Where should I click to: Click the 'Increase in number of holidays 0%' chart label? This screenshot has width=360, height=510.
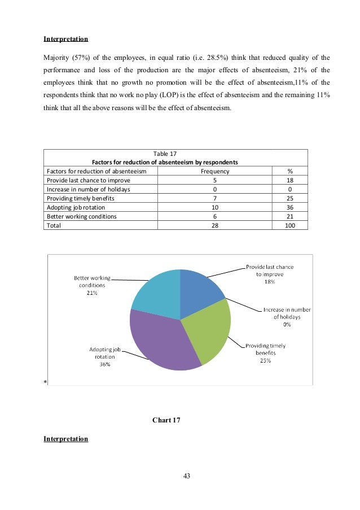point(287,317)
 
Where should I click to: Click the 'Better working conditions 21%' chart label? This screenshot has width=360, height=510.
point(91,285)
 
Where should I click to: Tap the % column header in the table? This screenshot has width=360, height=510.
point(289,171)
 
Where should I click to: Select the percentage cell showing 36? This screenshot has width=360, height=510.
point(289,207)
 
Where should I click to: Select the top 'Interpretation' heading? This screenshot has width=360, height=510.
point(65,40)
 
